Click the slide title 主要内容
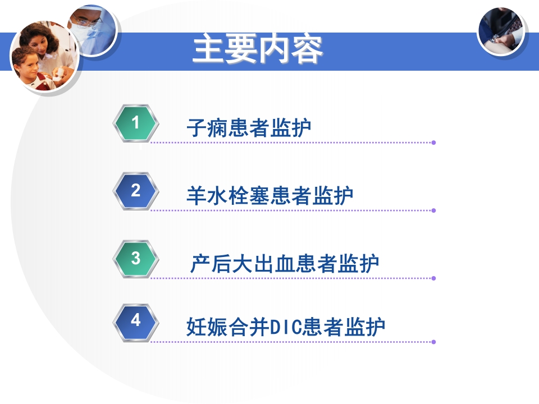pos(258,50)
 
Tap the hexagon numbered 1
pos(135,122)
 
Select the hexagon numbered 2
pos(135,191)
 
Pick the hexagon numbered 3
pos(135,259)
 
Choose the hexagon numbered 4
pos(135,321)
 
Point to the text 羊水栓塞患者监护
pos(269,196)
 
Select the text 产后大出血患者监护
pos(285,264)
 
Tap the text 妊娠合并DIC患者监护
pos(286,327)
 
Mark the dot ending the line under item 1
pos(433,143)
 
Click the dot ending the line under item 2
pos(433,210)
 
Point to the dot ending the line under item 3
pos(433,278)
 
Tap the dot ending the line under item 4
pos(433,341)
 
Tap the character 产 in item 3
pos(200,264)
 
